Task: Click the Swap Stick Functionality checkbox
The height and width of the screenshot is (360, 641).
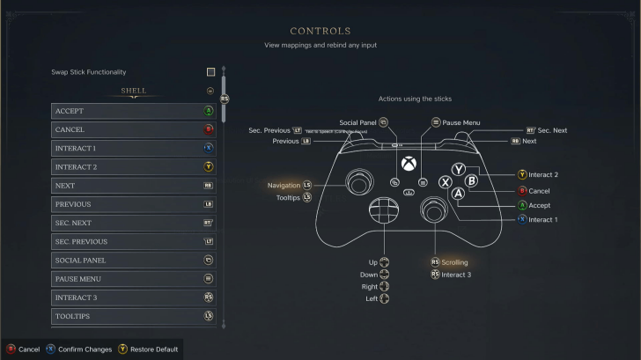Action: click(x=210, y=72)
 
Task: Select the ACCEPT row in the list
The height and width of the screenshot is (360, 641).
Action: click(x=133, y=111)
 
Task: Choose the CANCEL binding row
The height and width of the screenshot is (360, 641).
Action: click(x=133, y=129)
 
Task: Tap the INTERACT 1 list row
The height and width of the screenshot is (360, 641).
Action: click(x=133, y=148)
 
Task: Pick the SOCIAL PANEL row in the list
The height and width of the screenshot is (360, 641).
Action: click(x=133, y=261)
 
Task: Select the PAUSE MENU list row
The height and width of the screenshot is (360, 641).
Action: click(x=133, y=279)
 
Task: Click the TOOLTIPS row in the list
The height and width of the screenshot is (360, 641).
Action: click(x=133, y=316)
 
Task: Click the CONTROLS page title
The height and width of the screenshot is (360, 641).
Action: click(x=320, y=31)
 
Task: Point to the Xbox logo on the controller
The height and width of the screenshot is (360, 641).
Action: click(x=409, y=164)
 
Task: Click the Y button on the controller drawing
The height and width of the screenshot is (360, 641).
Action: click(x=459, y=169)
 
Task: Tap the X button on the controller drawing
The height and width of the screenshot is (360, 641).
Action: click(x=446, y=181)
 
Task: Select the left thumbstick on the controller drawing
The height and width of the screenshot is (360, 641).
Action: click(x=358, y=182)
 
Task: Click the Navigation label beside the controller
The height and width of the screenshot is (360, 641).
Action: click(x=284, y=186)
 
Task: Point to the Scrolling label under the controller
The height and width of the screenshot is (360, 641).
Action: click(x=454, y=262)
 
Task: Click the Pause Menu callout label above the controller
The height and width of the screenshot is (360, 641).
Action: click(x=461, y=122)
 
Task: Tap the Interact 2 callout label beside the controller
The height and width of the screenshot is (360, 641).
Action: click(x=543, y=174)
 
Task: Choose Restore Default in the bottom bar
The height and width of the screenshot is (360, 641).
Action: click(x=153, y=349)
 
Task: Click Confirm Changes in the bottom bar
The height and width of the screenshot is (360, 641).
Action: click(x=85, y=349)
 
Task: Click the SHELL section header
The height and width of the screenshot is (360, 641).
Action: click(x=133, y=90)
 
